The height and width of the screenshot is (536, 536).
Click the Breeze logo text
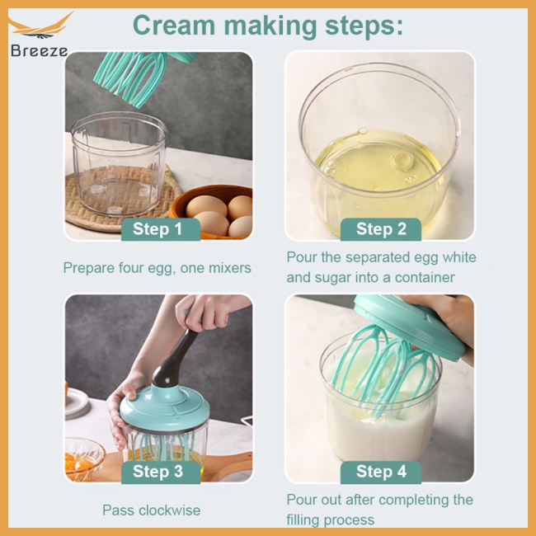tap(40, 51)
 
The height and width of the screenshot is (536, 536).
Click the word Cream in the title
tap(174, 25)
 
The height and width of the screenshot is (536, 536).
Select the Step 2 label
tap(381, 228)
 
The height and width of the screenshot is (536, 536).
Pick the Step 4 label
tap(381, 472)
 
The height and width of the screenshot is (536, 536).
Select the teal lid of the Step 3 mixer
tap(165, 408)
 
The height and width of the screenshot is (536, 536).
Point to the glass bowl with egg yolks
tap(84, 458)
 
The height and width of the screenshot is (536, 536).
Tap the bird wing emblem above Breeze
tap(41, 26)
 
